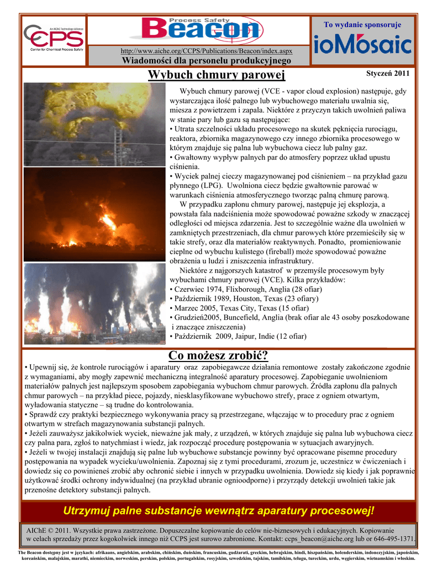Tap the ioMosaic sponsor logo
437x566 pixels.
[362, 45]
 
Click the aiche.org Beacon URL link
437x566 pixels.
[207, 51]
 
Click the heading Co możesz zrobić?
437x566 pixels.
[218, 355]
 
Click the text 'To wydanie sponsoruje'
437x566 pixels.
[362, 25]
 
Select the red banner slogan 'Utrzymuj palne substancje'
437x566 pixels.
[219, 509]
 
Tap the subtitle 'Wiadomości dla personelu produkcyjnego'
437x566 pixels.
[207, 60]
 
